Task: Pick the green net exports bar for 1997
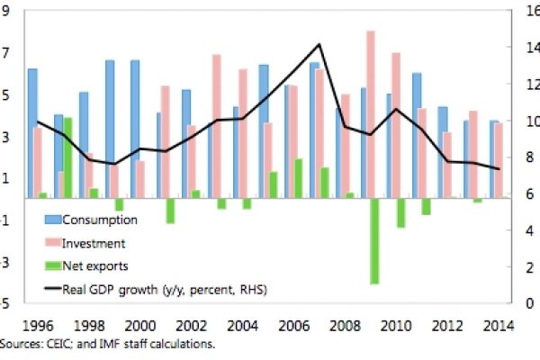pos(67,157)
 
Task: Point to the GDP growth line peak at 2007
pos(319,44)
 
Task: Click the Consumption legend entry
pos(99,220)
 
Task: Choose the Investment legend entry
pos(94,243)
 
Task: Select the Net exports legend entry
pos(95,265)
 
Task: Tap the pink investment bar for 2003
pos(216,125)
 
